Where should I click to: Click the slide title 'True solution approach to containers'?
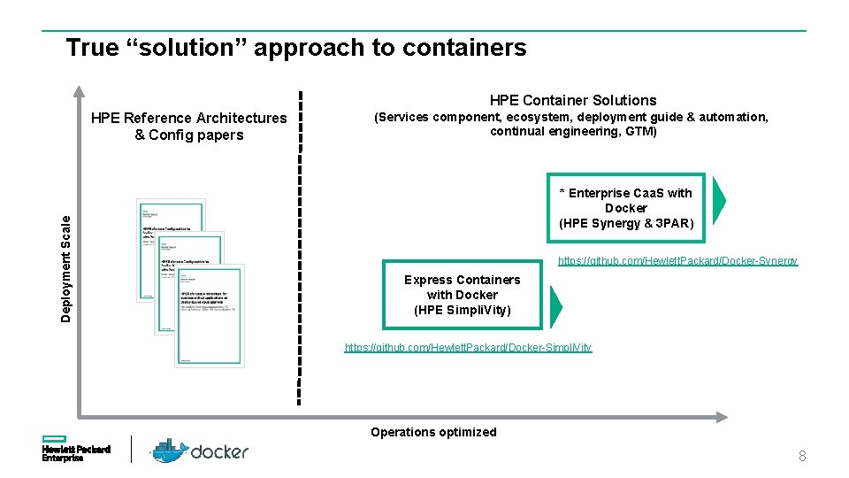coord(295,48)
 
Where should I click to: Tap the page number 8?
coord(802,456)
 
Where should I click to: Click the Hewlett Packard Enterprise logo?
coord(76,450)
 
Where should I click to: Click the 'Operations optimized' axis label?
coord(433,432)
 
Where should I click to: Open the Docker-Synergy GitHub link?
coord(677,261)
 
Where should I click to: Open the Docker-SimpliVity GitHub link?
coord(468,348)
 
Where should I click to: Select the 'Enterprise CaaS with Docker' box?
coord(626,208)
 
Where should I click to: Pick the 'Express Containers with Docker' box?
coord(462,295)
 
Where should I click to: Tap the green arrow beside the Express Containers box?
coord(555,305)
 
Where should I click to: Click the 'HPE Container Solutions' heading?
coord(573,100)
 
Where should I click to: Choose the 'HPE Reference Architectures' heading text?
coord(188,119)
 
